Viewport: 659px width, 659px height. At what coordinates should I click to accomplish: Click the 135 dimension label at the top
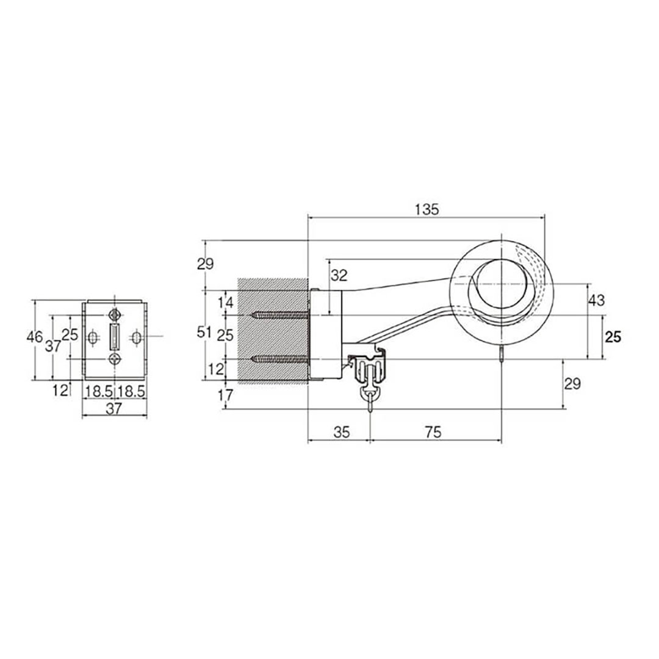427,209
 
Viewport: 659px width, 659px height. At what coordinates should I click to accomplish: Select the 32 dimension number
339,276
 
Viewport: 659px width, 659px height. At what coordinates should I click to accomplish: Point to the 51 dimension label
204,333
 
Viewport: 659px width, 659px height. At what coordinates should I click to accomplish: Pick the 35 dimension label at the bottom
341,432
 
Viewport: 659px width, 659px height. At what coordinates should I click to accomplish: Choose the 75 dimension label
433,432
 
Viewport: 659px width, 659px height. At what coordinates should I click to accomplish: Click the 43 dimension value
596,300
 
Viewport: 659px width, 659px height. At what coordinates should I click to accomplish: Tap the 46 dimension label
34,337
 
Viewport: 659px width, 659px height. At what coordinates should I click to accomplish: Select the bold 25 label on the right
613,337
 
